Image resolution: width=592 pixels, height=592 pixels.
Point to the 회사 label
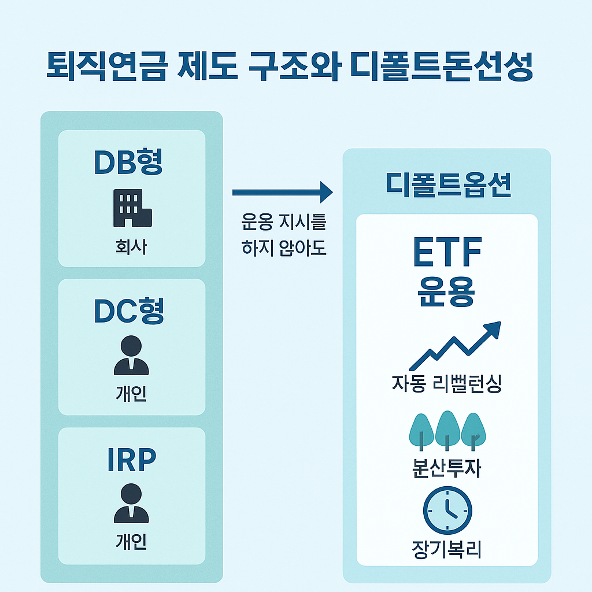[x=131, y=248]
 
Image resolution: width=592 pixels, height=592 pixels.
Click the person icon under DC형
[x=131, y=356]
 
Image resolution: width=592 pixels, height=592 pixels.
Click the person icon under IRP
[x=131, y=504]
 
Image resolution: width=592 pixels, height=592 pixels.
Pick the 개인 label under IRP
[x=131, y=542]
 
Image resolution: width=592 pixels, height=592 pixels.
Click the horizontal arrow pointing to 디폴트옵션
[x=283, y=191]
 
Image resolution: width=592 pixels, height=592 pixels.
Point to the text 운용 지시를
[x=283, y=222]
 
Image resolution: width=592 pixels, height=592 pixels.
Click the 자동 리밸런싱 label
[x=446, y=384]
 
